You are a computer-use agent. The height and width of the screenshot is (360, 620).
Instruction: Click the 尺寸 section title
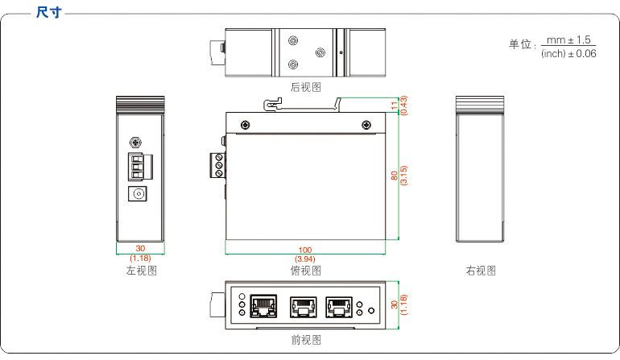click(x=49, y=13)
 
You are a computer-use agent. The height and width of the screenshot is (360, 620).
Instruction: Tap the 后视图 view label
click(x=305, y=87)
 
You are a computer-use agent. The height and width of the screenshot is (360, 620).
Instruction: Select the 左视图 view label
click(x=141, y=271)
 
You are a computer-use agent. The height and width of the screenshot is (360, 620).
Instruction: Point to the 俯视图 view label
click(x=305, y=271)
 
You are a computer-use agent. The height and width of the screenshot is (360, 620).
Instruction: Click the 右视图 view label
click(x=481, y=271)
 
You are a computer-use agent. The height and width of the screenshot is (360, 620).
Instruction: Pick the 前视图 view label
click(x=305, y=340)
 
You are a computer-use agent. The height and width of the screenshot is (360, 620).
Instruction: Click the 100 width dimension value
click(x=305, y=250)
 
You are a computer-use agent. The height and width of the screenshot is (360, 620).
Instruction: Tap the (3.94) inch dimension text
click(x=305, y=259)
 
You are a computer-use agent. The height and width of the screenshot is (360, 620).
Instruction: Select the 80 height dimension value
click(x=395, y=176)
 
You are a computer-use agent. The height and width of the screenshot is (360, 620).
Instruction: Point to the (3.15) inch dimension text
click(x=403, y=176)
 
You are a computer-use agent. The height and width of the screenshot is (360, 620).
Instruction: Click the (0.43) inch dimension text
click(x=403, y=106)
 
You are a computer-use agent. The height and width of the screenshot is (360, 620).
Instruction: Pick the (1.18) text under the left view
click(x=140, y=259)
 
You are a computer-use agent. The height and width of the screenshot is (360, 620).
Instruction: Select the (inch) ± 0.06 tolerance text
click(x=568, y=54)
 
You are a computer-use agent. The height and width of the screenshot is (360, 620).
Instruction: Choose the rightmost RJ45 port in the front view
click(x=338, y=306)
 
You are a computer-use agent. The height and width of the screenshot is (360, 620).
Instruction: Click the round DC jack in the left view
click(x=139, y=195)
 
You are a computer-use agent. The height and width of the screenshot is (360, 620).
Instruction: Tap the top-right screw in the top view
click(x=366, y=124)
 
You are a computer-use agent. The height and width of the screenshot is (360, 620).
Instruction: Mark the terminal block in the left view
click(x=140, y=166)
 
